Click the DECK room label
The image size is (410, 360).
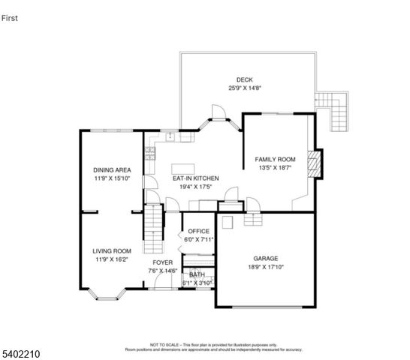(x=244, y=79)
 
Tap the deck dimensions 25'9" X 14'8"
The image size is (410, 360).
(x=244, y=88)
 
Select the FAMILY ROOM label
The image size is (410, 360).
(x=275, y=160)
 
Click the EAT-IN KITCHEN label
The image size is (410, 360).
(x=194, y=178)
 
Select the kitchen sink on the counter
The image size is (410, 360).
(x=171, y=137)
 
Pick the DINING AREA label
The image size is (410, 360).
(x=112, y=170)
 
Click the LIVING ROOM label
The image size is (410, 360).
(x=112, y=251)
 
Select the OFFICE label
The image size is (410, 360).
(x=198, y=231)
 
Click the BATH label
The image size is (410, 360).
(x=197, y=274)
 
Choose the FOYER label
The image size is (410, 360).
(x=162, y=262)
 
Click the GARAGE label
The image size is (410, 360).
(x=265, y=256)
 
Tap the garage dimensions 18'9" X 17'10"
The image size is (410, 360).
(x=265, y=265)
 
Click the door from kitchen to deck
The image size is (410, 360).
(x=218, y=114)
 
